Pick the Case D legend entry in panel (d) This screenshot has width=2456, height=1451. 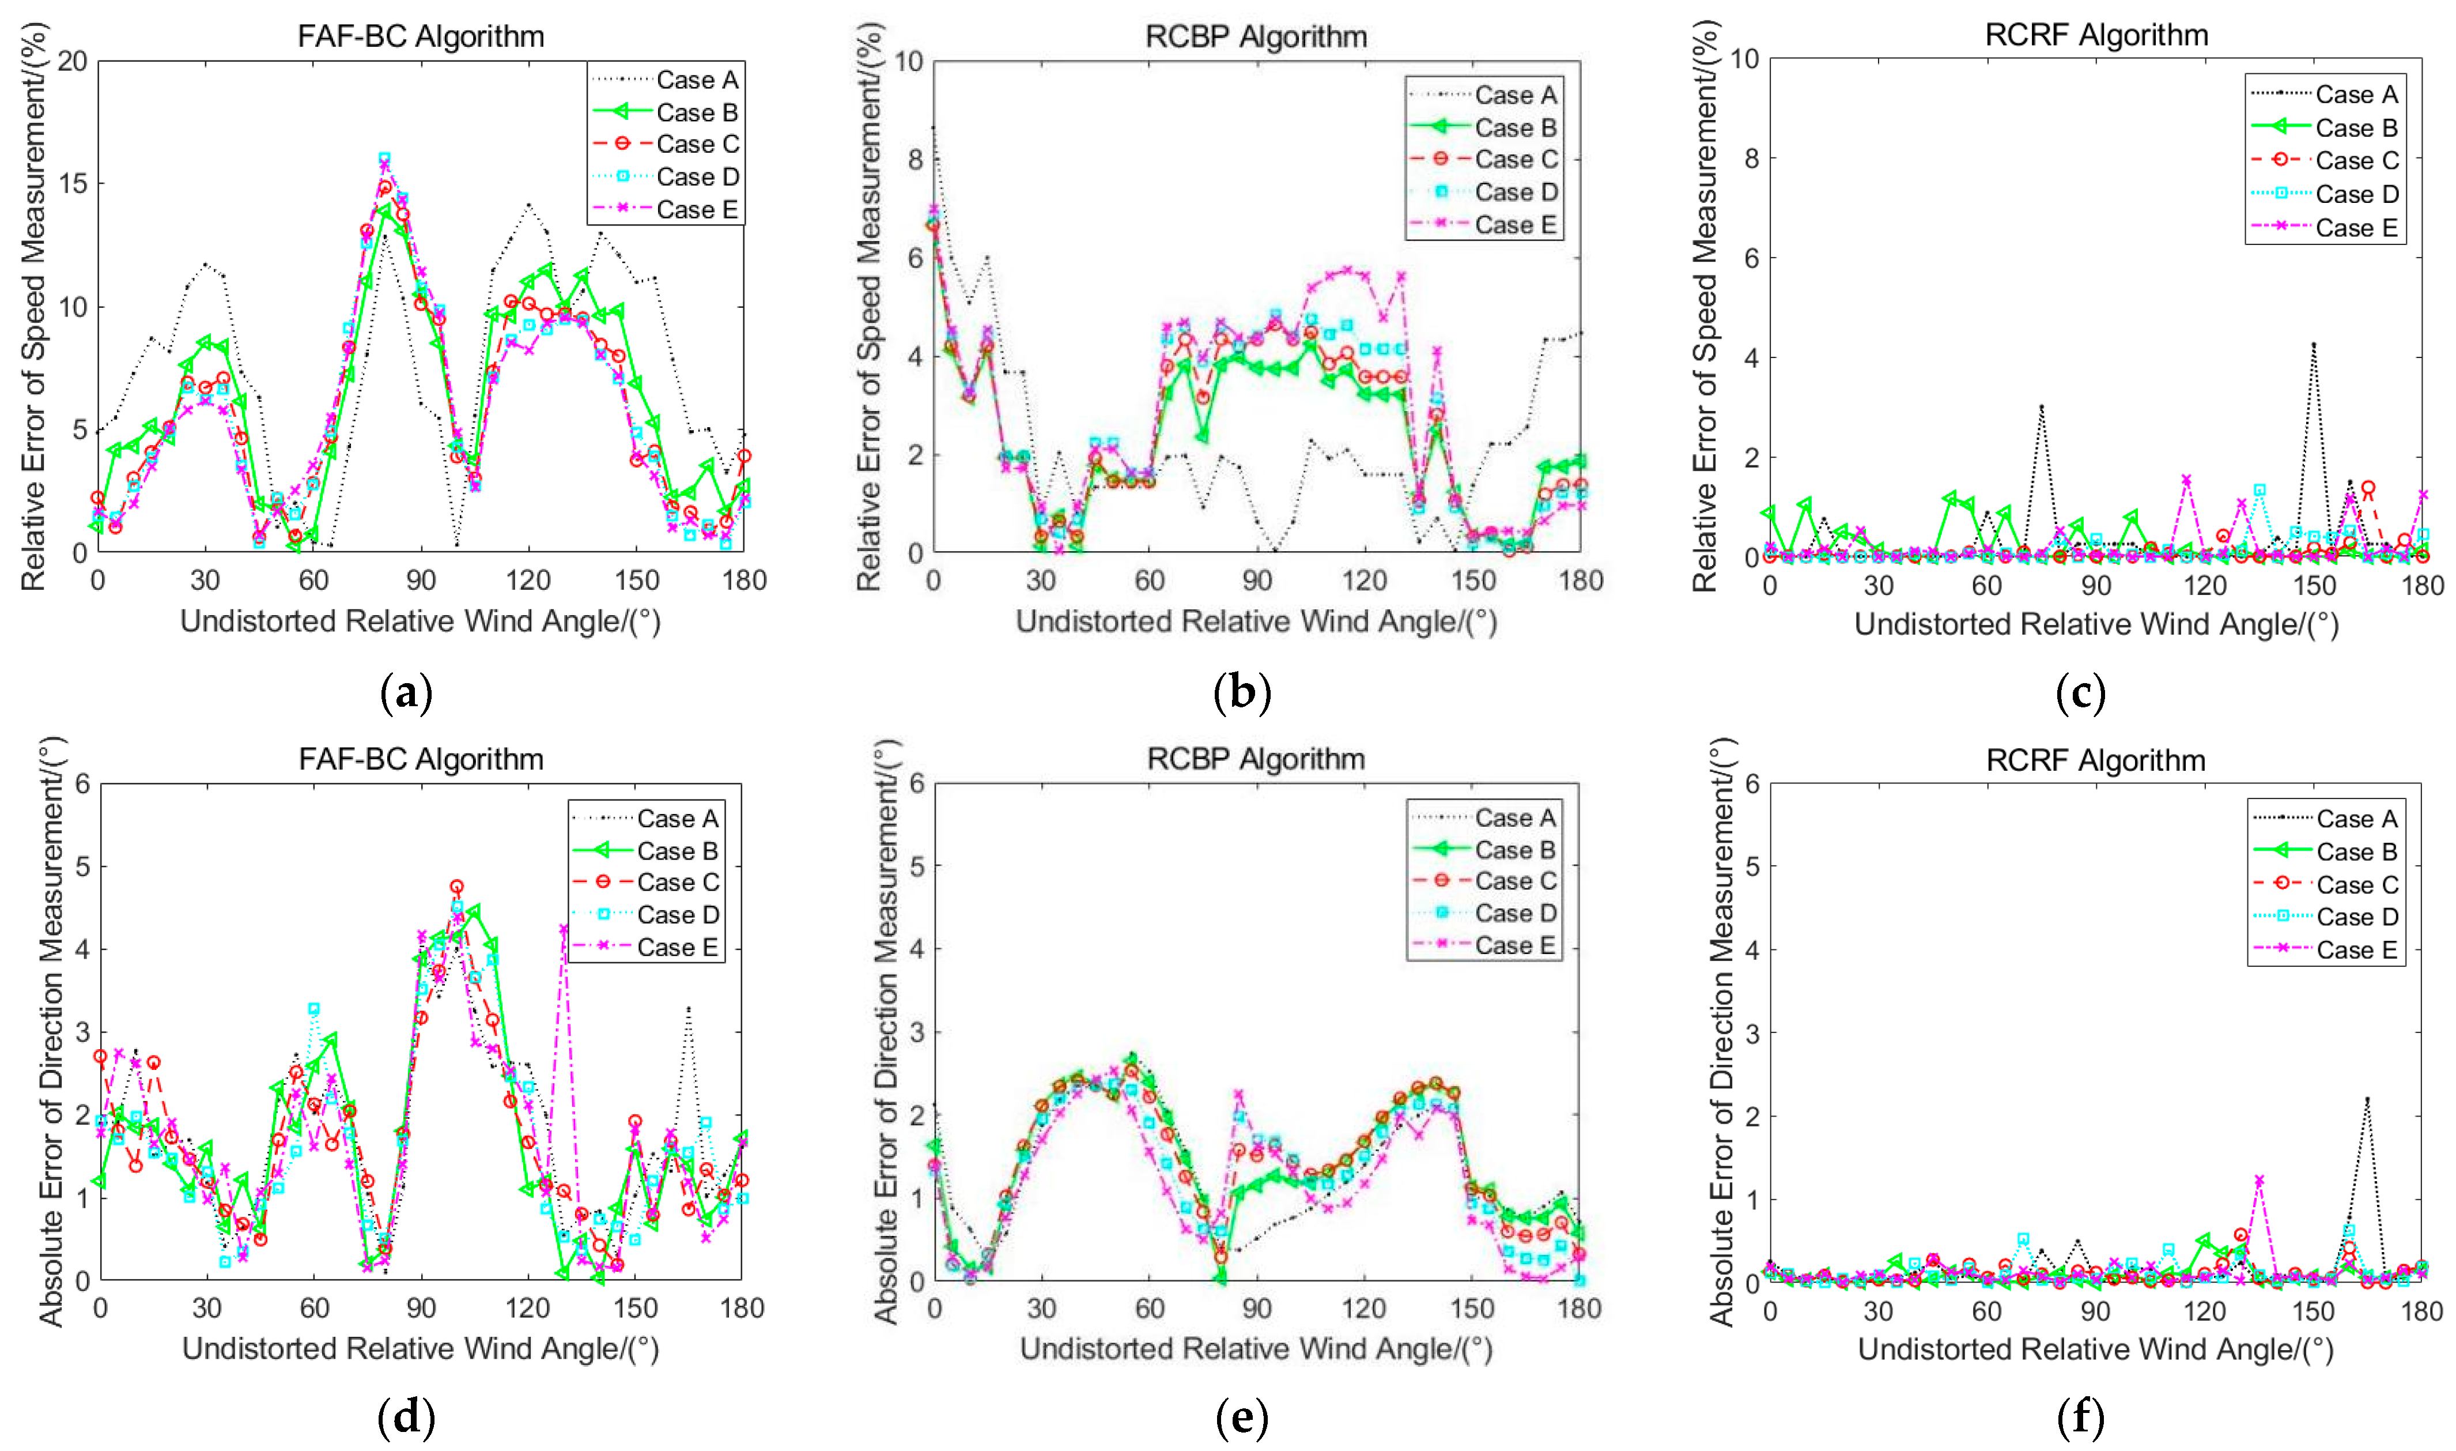[x=677, y=915]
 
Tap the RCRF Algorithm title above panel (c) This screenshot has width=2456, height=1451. [x=2096, y=35]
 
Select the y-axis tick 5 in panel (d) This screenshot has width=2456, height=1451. [x=81, y=866]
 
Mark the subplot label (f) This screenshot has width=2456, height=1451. [x=2080, y=1417]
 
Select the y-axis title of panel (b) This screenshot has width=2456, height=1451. [x=869, y=306]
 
